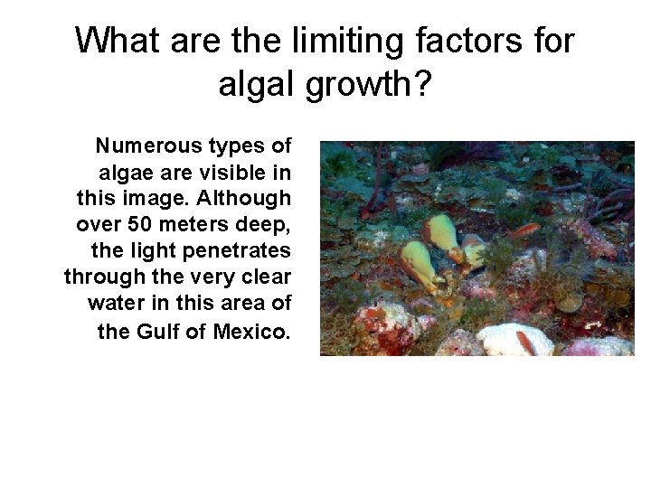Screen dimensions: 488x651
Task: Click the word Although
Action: coord(241,197)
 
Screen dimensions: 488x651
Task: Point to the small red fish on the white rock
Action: coord(525,343)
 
